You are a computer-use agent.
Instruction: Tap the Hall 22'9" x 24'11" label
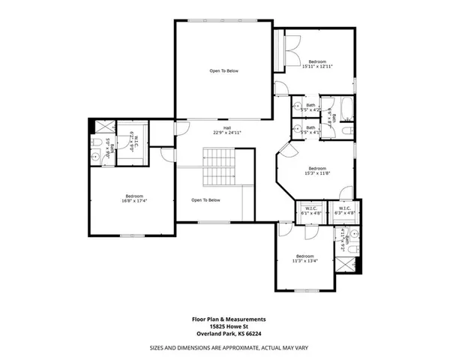click(223, 130)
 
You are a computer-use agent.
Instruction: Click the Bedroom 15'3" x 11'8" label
click(316, 171)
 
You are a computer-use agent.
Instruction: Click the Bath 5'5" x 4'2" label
click(311, 108)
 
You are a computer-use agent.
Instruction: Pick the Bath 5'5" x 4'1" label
click(311, 130)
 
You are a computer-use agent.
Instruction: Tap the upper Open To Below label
click(223, 71)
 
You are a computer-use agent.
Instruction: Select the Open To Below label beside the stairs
click(205, 200)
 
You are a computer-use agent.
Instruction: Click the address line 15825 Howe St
click(226, 326)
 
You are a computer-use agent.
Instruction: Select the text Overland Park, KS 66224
click(226, 333)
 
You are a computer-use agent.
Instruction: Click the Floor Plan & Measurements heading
click(226, 319)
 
